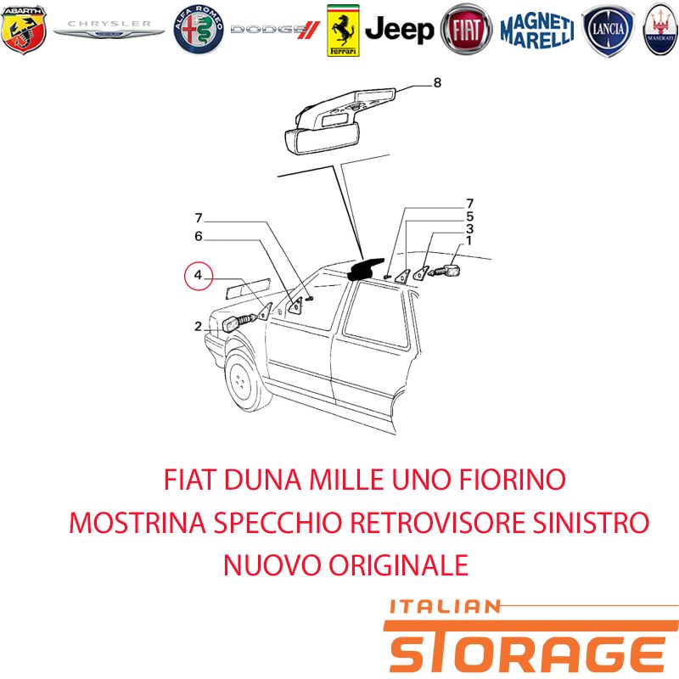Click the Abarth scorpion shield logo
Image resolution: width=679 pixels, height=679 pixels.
(24, 30)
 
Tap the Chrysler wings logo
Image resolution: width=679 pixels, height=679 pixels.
(109, 30)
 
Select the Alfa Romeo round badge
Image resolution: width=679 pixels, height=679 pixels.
(199, 30)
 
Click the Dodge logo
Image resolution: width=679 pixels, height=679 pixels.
(275, 30)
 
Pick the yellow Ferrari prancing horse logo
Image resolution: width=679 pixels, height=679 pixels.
(343, 31)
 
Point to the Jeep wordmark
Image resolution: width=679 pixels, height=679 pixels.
(399, 30)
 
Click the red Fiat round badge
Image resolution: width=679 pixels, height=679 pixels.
(466, 30)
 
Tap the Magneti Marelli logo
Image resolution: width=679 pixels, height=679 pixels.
(537, 30)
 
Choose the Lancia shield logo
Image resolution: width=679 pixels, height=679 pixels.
(608, 30)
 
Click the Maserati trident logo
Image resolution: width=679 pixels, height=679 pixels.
(661, 30)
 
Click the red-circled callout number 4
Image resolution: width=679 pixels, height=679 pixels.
(199, 275)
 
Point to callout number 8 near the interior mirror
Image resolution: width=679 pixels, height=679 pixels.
(437, 82)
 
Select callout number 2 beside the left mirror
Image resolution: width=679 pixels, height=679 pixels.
(198, 326)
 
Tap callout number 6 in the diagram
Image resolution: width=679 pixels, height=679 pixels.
(199, 236)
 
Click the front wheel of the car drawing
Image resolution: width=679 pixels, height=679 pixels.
(244, 381)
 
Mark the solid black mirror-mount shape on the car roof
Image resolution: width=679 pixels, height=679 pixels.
(365, 268)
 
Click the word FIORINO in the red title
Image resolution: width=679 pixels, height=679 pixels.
(513, 480)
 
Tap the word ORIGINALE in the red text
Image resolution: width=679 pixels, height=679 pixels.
(399, 565)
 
